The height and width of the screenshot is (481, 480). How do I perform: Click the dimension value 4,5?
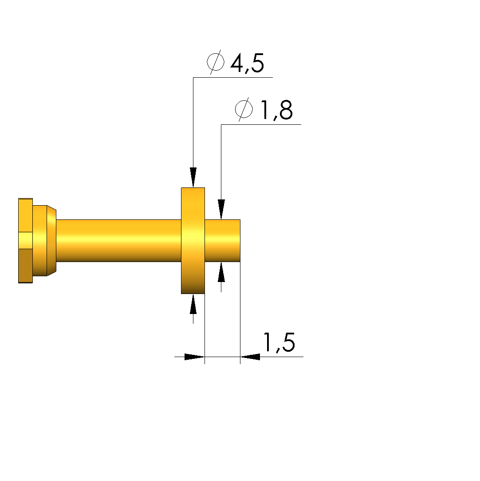coord(247,64)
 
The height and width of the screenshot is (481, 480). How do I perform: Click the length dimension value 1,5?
coord(279,342)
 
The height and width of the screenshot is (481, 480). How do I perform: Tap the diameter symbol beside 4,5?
coord(215,62)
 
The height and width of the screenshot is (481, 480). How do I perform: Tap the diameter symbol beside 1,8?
coord(244,109)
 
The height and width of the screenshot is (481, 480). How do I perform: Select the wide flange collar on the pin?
coord(193,241)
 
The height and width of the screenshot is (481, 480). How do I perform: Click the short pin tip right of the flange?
coord(222,241)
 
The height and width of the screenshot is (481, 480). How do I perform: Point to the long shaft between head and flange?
coord(118,241)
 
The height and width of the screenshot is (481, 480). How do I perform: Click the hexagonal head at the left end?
coord(25,241)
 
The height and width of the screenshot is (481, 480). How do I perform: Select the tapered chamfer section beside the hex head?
coord(51,241)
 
